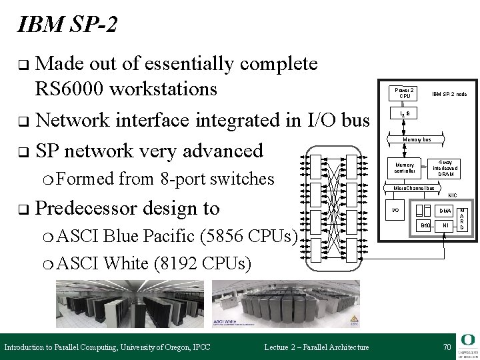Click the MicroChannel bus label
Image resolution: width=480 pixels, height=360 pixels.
click(413, 188)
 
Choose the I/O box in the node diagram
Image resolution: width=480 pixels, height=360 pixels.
click(395, 210)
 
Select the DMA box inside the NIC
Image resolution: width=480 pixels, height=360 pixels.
click(445, 211)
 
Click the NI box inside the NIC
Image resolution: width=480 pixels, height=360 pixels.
click(445, 227)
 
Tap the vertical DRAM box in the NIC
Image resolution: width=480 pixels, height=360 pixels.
click(463, 218)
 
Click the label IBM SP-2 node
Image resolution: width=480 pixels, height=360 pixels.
click(449, 95)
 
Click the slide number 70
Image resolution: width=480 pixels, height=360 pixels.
click(446, 347)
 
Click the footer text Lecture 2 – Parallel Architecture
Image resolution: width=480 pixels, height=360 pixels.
click(316, 347)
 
